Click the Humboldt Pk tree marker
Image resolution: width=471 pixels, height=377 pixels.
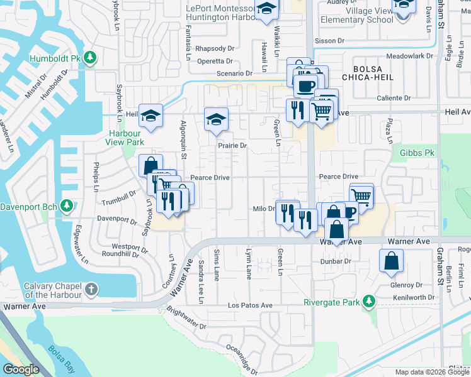[90, 58]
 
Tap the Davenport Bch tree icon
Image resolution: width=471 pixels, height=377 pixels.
[67, 206]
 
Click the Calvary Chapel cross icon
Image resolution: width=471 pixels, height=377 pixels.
[92, 290]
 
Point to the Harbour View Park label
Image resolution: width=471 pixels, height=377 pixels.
[127, 138]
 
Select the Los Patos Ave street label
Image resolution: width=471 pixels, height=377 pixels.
[250, 305]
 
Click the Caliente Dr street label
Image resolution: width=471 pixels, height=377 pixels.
[395, 98]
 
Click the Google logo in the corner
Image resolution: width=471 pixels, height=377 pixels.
[21, 369]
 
